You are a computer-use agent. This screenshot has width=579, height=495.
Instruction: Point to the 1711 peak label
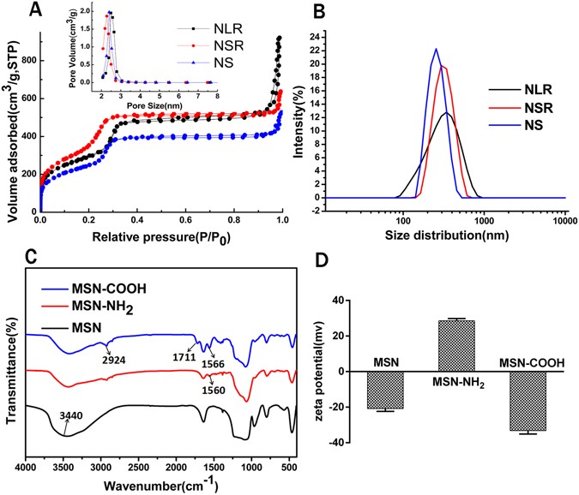tap(183, 355)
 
